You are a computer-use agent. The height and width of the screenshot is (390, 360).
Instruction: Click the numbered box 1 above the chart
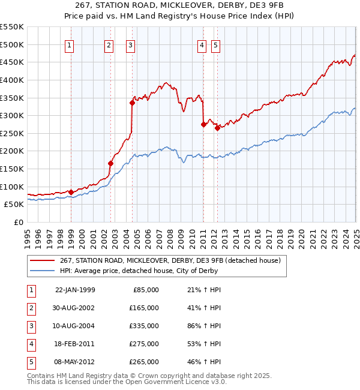(x=70, y=44)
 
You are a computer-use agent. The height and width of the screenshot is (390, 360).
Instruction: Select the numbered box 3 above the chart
(x=130, y=44)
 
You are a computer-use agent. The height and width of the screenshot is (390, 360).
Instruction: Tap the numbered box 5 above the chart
(x=215, y=44)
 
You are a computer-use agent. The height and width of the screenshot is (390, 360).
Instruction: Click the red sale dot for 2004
(x=132, y=103)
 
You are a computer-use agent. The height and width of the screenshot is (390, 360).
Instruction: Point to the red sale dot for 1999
(x=71, y=192)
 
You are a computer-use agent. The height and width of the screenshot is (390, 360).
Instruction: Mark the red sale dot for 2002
(x=110, y=163)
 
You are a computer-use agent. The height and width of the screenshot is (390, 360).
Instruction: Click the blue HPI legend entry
(x=138, y=271)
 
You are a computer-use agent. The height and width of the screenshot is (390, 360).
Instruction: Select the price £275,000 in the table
(x=144, y=344)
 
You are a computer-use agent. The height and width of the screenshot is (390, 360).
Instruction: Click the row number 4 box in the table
(x=30, y=344)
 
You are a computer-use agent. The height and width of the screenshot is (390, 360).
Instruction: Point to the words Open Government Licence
(x=155, y=382)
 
